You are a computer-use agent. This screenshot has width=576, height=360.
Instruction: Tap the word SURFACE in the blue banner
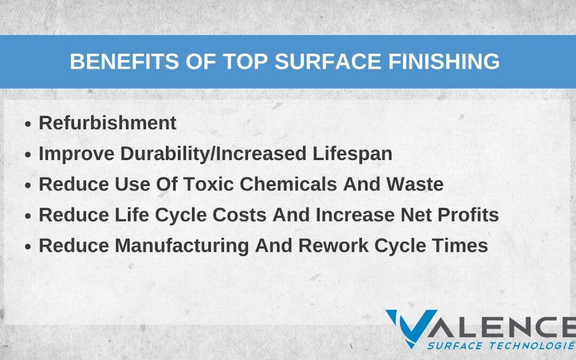click(x=328, y=61)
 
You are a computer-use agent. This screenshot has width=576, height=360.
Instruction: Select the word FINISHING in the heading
click(x=444, y=61)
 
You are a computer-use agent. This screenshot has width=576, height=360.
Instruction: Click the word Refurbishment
click(x=108, y=123)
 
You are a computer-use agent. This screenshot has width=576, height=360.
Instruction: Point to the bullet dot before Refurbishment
click(x=28, y=124)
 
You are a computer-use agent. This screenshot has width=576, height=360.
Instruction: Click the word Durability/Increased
click(x=213, y=154)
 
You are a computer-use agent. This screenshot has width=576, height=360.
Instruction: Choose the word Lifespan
click(x=353, y=154)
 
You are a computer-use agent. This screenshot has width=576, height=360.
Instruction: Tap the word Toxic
click(x=209, y=184)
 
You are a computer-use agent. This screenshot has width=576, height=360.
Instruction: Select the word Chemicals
click(x=289, y=184)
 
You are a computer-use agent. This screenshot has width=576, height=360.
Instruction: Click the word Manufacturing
click(x=182, y=246)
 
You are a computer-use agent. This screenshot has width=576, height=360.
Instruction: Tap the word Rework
click(x=333, y=245)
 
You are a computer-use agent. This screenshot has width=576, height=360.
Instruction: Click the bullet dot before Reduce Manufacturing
click(x=28, y=247)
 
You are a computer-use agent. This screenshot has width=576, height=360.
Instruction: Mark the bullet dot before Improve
click(x=28, y=155)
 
